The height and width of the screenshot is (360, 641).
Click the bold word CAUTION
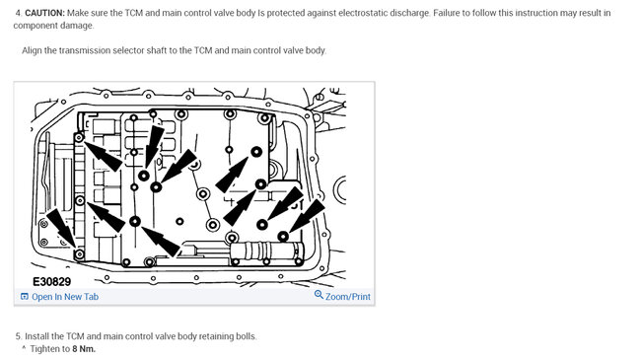click(45, 13)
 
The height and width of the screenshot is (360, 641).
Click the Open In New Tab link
click(65, 297)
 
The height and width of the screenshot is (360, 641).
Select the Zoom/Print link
click(348, 297)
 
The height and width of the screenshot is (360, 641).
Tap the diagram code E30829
click(52, 281)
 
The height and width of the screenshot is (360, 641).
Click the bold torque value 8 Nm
click(84, 349)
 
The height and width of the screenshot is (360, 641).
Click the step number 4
click(19, 13)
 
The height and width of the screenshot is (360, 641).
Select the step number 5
click(19, 336)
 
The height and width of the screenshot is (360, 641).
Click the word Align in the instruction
click(32, 50)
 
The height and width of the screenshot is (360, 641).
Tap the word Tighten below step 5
click(44, 349)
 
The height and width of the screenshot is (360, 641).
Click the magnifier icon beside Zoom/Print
click(319, 295)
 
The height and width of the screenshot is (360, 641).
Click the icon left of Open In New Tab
click(25, 297)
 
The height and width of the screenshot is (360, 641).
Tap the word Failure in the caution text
click(447, 13)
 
